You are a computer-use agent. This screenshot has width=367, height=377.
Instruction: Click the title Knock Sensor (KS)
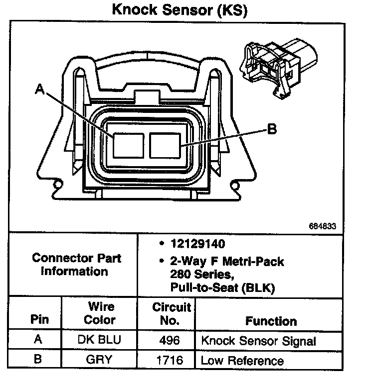click(x=179, y=10)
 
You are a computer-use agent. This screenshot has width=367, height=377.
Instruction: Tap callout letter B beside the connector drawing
click(x=272, y=130)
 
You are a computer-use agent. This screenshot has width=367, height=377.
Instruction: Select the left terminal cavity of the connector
click(x=128, y=146)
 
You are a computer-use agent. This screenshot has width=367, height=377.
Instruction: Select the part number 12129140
click(x=197, y=244)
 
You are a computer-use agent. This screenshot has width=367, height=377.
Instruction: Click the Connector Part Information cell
click(x=76, y=265)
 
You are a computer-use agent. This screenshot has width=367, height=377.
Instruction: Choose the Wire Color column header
click(x=101, y=313)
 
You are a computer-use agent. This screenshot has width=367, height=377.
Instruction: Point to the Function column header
click(x=271, y=321)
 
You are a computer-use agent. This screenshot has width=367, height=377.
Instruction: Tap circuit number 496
click(x=169, y=341)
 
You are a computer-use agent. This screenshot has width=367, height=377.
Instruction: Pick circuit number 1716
click(x=169, y=360)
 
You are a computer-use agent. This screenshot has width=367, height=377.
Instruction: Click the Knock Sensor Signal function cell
click(x=258, y=341)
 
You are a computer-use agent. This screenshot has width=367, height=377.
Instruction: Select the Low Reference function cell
click(x=242, y=360)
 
